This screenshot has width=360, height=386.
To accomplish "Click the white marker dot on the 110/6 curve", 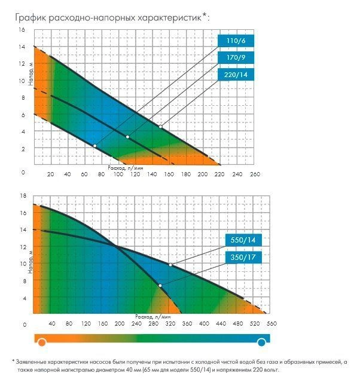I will pyautogui.click(x=94, y=146).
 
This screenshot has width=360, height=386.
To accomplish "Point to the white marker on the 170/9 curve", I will pyautogui.click(x=127, y=137).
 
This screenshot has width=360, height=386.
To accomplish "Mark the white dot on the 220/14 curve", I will pyautogui.click(x=161, y=127).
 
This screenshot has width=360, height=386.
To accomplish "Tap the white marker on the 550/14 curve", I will pyautogui.click(x=170, y=265).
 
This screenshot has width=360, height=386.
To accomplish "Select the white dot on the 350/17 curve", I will pyautogui.click(x=160, y=286).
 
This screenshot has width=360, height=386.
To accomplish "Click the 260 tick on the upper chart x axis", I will pyautogui.click(x=255, y=175).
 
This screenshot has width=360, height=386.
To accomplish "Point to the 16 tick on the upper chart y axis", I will pyautogui.click(x=22, y=30).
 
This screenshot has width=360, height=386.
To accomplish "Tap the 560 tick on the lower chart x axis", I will pyautogui.click(x=271, y=324).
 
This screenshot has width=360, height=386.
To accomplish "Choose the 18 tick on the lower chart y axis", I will pyautogui.click(x=25, y=196).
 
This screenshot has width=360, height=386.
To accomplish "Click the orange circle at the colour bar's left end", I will pyautogui.click(x=41, y=342).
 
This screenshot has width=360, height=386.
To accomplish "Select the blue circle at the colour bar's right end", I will pyautogui.click(x=261, y=342).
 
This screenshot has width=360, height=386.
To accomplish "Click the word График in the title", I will pyautogui.click(x=31, y=17).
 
